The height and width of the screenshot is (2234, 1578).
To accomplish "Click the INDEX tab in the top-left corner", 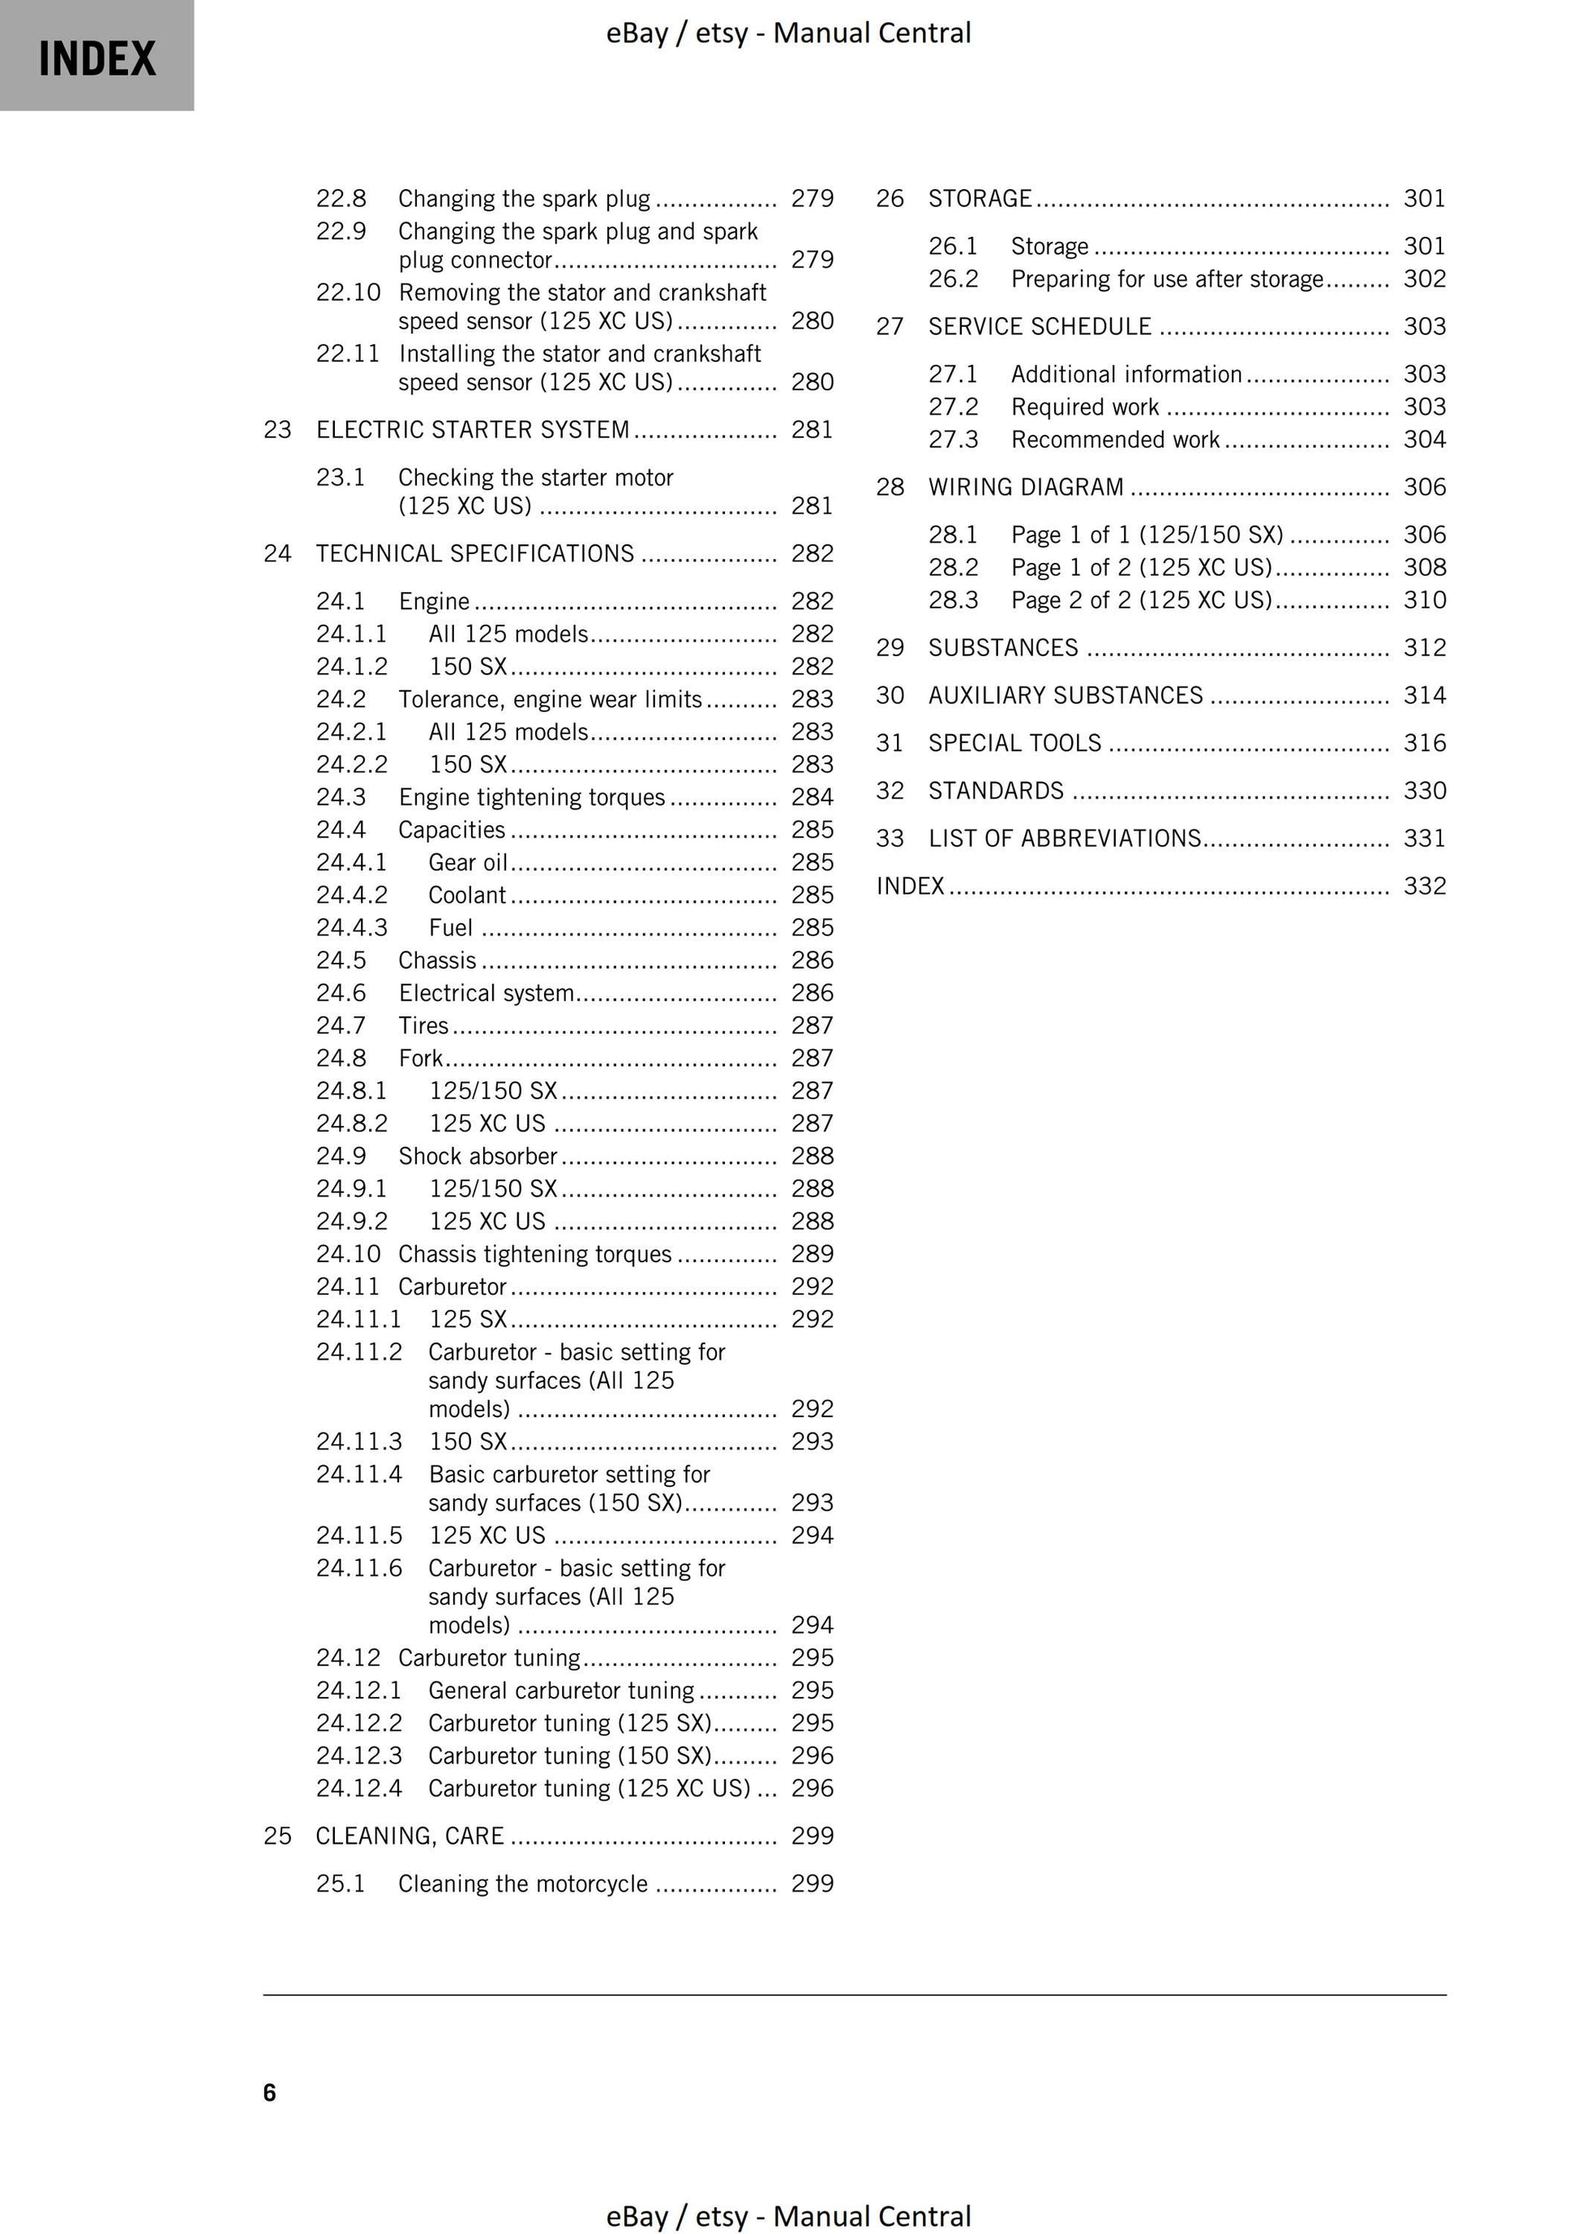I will [96, 58].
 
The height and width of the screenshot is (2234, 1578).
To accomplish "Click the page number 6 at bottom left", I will [269, 2092].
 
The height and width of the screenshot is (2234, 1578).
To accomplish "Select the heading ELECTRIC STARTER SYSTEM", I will [473, 429].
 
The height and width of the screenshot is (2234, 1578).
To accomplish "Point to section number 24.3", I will [341, 797].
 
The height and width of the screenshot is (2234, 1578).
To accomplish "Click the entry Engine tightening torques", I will [531, 797].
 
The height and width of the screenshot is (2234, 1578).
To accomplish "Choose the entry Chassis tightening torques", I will [534, 1254].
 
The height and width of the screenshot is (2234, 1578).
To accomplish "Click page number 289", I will [813, 1254].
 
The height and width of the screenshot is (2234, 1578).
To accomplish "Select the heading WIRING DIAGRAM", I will [1026, 487].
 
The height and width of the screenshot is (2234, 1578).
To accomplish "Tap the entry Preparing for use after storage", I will [1167, 279].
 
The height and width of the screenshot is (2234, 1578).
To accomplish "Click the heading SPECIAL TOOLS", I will [1014, 742].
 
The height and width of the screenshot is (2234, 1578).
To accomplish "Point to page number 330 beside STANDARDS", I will [1424, 790].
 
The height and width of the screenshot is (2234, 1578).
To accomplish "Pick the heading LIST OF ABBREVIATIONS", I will [1065, 838].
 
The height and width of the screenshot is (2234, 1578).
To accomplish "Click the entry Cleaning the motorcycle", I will [522, 1884].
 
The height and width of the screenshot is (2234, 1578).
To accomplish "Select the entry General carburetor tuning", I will [561, 1690].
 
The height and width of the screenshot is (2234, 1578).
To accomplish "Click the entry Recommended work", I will [1115, 440].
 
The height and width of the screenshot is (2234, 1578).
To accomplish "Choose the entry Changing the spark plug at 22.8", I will [523, 199].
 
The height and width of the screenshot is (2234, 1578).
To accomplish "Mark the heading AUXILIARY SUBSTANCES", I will [1066, 694].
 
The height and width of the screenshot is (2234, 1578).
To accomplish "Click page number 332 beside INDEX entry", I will [1424, 886].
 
